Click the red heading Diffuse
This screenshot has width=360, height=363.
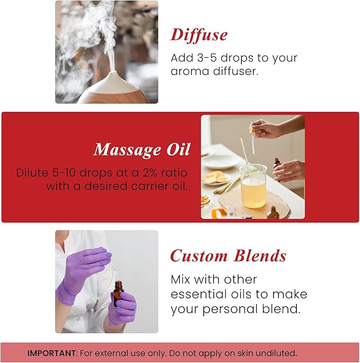tap(199, 35)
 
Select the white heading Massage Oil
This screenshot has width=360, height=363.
tap(142, 150)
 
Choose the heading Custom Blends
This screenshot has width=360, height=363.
tap(228, 256)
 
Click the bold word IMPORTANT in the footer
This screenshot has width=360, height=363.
tap(52, 353)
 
